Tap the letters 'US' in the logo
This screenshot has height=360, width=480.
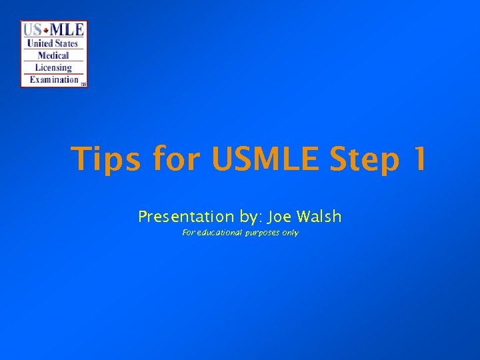[x=33, y=30]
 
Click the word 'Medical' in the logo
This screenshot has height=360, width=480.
[x=53, y=55]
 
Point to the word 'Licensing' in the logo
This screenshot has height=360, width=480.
[x=53, y=67]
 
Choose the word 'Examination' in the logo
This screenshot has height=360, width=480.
[x=52, y=79]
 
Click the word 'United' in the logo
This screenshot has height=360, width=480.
[x=39, y=43]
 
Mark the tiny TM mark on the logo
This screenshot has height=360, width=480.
[x=83, y=84]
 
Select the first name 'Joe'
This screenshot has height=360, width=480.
[x=280, y=217]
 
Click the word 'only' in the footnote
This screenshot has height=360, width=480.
[x=289, y=233]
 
